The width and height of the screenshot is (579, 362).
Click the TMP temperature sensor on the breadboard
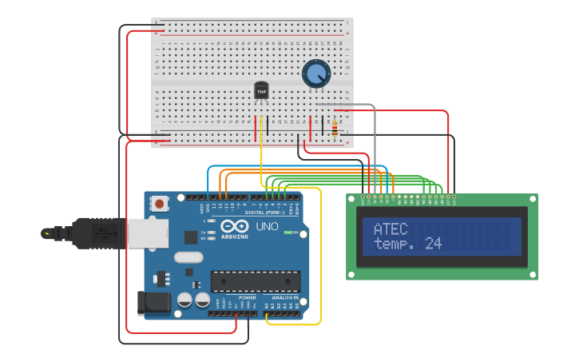click(261, 90)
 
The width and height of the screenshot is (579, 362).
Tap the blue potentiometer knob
click(316, 74)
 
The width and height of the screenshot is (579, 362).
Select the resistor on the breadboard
click(334, 127)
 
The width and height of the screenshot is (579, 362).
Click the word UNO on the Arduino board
click(267, 226)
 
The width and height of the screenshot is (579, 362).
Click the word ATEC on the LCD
click(390, 229)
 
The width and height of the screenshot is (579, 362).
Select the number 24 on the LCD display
click(433, 244)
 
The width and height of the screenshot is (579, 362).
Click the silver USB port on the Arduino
click(148, 233)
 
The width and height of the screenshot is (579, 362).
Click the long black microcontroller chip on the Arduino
click(256, 280)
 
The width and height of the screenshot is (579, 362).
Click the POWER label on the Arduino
click(248, 297)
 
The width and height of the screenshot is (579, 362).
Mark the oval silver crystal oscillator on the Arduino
click(188, 257)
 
